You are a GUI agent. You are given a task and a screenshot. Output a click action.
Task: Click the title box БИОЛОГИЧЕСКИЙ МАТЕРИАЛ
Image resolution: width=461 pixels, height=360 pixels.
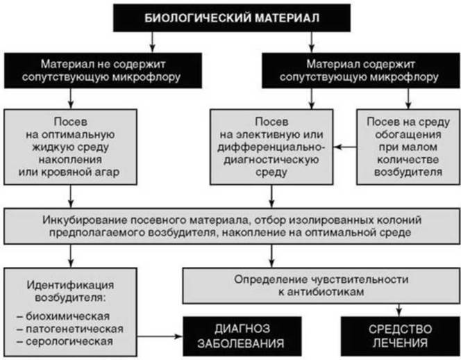232,18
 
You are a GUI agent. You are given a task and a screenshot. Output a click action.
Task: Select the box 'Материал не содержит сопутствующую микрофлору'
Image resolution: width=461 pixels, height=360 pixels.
103,71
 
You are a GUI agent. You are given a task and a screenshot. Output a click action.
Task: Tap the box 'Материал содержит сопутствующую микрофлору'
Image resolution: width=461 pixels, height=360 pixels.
361,71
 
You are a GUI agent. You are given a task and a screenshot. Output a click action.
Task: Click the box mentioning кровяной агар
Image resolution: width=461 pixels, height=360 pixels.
70,147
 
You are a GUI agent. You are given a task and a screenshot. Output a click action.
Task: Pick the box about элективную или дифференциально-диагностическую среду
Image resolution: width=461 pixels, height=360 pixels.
271,147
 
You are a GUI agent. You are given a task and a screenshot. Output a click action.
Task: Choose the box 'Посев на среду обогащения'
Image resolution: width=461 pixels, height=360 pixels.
408,147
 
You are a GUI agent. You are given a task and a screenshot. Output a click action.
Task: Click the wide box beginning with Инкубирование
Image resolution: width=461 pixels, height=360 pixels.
232,226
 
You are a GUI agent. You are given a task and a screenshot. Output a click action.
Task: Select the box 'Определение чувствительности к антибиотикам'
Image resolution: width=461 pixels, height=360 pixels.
321,286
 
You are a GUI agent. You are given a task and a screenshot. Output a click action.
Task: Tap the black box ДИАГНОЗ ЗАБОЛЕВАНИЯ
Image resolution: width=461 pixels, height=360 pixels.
242,336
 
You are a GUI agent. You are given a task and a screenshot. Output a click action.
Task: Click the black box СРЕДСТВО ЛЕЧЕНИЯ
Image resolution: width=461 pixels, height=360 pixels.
401,336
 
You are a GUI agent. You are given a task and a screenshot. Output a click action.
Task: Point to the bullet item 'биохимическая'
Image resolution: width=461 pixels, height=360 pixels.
63,316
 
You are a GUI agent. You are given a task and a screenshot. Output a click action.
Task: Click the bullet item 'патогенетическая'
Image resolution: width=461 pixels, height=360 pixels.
70,329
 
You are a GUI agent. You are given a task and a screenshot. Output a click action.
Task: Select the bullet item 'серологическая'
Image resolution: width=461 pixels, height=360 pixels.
65,341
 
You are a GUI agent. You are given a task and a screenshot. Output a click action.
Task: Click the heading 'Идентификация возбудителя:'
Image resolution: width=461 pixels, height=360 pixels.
70,291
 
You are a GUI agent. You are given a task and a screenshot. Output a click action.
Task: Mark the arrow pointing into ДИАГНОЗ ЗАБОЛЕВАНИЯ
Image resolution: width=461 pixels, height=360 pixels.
160,336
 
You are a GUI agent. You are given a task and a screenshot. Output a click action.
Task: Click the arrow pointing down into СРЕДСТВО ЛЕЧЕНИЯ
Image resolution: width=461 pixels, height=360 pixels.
399,310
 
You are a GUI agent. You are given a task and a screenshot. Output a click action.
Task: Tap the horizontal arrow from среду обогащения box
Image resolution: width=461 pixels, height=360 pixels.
345,147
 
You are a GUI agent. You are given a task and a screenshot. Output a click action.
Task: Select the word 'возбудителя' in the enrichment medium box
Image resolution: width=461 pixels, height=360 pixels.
408,172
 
